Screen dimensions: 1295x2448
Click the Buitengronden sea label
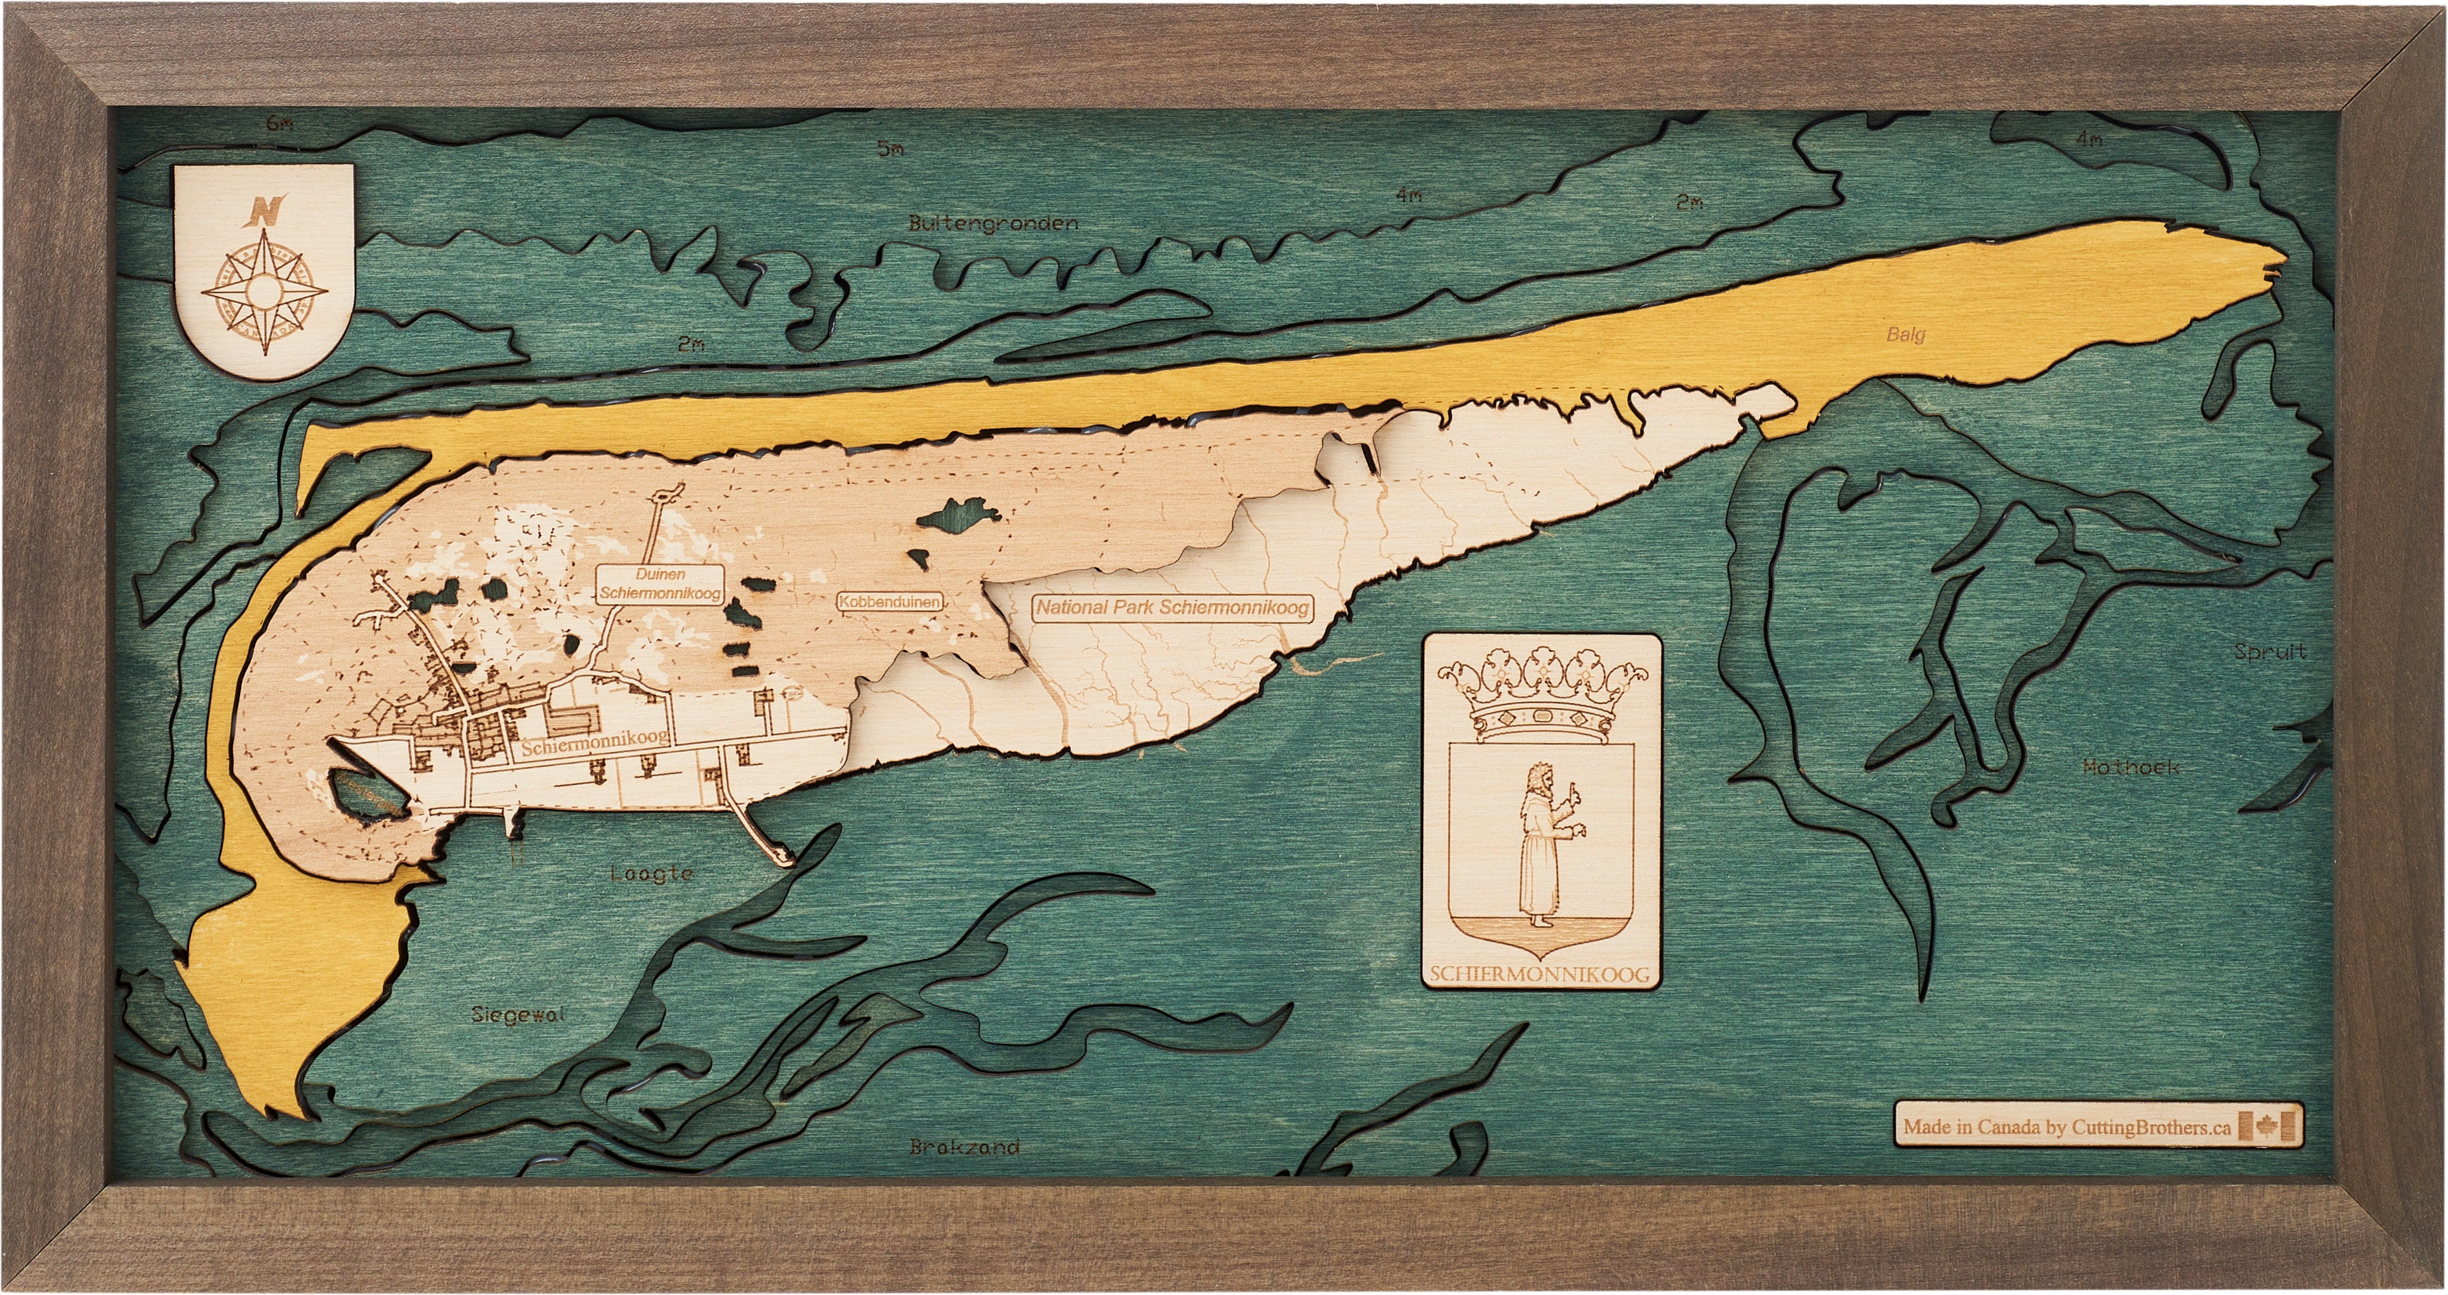[x=993, y=223]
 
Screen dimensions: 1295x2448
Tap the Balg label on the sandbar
[x=1905, y=334]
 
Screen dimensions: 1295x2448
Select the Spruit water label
[x=2269, y=652]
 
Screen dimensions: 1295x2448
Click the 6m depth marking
[x=280, y=122]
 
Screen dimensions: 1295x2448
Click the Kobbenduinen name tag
[x=889, y=602]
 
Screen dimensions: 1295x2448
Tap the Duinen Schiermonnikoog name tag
[x=660, y=583]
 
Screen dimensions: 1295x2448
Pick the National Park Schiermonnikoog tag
[x=1173, y=607]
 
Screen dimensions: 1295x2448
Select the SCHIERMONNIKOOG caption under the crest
[x=1540, y=974]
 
